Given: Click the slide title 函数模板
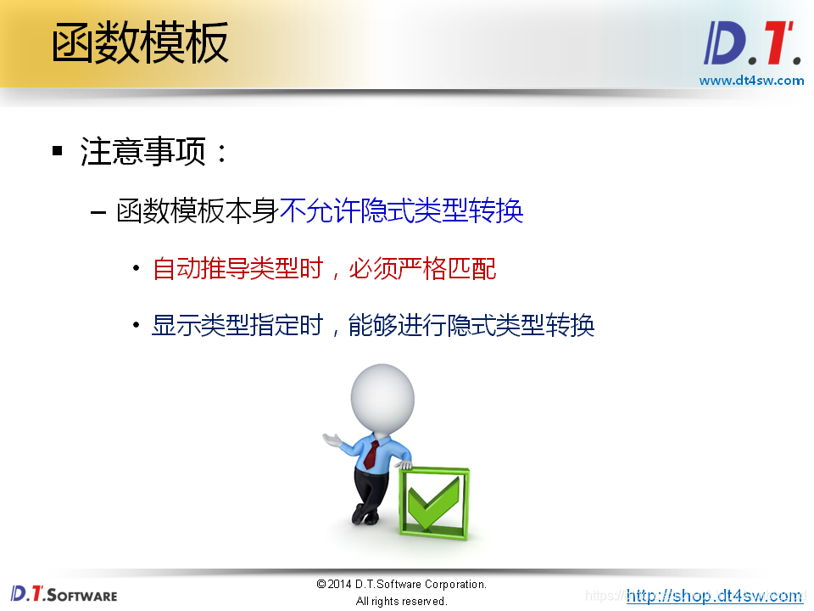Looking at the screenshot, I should click(x=140, y=43).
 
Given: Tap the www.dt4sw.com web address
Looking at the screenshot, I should click(x=750, y=81).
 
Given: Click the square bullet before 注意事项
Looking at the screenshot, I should click(x=58, y=152).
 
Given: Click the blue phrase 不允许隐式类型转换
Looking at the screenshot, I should click(x=401, y=211).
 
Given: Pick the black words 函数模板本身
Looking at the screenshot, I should click(x=198, y=211).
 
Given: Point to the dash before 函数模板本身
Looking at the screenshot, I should click(x=98, y=212).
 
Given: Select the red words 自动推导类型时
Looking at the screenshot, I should click(x=238, y=269).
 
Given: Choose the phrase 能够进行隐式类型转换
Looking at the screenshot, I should click(x=471, y=325).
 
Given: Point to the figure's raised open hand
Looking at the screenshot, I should click(x=332, y=439).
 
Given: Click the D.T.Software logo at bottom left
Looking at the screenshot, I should click(x=64, y=594).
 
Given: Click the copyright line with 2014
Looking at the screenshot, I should click(x=401, y=585).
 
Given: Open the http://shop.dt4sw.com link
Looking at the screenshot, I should click(x=714, y=596).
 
